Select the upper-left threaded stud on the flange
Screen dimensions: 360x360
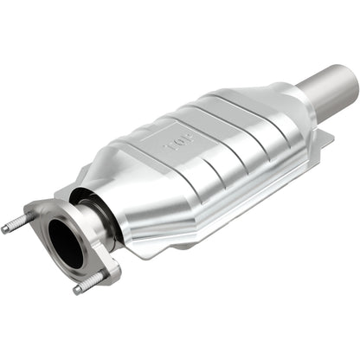tap(17, 225)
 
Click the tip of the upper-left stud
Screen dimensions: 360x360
tap(6, 229)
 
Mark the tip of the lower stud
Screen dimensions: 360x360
tap(77, 289)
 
